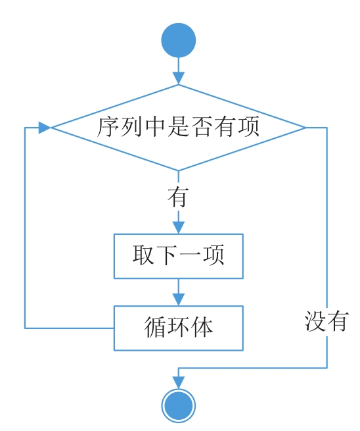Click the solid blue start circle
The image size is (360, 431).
178,40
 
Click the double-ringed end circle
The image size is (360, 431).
178,406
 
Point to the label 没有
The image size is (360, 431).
326,321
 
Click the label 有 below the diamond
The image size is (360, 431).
178,197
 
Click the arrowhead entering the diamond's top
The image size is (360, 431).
178,78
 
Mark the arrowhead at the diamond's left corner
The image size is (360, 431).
45,128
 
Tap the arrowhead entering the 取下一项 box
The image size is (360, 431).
178,228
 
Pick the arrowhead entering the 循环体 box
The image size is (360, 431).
178,299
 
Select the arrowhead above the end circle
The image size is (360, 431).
178,382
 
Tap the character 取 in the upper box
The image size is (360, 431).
143,255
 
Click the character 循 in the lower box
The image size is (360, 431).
155,327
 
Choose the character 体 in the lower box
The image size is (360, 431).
202,327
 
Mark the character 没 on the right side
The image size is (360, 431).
315,321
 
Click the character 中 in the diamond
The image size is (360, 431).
155,127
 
